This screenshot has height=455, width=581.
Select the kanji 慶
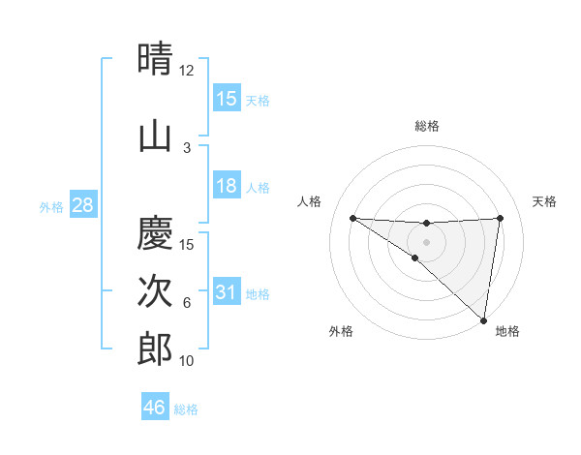156,233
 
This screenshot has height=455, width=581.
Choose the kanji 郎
156,349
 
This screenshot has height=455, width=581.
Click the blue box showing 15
227,98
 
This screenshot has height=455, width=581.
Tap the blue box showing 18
227,186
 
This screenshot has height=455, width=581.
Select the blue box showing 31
227,292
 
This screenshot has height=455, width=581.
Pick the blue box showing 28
82,205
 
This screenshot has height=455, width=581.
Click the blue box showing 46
155,408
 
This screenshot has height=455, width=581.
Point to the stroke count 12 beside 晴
186,71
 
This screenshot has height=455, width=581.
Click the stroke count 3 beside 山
187,148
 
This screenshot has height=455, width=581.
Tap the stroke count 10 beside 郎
187,361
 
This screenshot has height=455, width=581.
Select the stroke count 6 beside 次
187,303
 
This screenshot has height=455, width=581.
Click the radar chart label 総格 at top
427,126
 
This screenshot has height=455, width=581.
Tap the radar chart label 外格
341,331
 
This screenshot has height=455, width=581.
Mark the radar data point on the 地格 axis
483,319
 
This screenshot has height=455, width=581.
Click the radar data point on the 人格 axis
352,218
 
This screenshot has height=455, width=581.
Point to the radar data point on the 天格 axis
500,218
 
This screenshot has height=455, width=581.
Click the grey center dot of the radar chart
426,241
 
